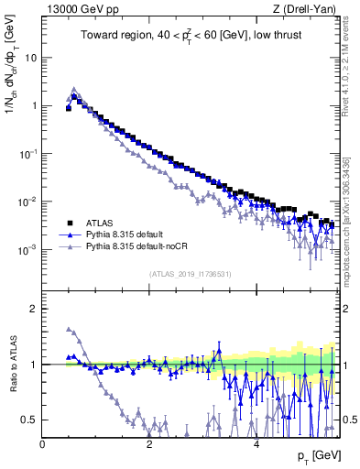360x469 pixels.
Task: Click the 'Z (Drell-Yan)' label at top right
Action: pyautogui.click(x=307, y=9)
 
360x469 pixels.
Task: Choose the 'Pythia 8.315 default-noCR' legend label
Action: pyautogui.click(x=145, y=247)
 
